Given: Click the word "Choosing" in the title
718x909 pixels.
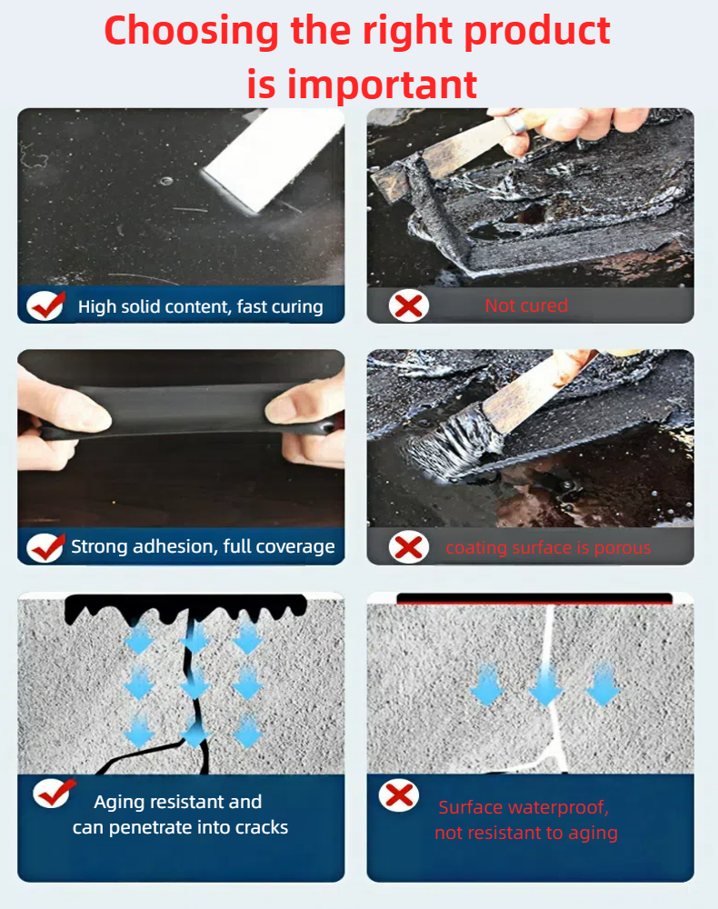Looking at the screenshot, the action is (191, 32).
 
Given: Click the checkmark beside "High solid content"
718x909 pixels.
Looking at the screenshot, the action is (46, 305).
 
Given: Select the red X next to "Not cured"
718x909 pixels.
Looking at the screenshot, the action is (409, 305).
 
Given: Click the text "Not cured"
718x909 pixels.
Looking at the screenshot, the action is (526, 305).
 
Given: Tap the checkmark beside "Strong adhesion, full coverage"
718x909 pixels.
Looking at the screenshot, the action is (46, 546).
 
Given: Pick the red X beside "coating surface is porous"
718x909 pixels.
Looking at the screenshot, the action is (409, 547).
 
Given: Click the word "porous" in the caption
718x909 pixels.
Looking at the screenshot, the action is (623, 548).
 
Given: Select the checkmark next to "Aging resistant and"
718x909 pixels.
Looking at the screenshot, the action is (54, 793).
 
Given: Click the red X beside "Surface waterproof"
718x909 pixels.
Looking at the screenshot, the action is (399, 795).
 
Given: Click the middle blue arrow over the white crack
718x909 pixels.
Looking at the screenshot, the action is (546, 685).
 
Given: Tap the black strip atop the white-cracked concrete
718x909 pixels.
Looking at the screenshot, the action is (534, 598).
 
